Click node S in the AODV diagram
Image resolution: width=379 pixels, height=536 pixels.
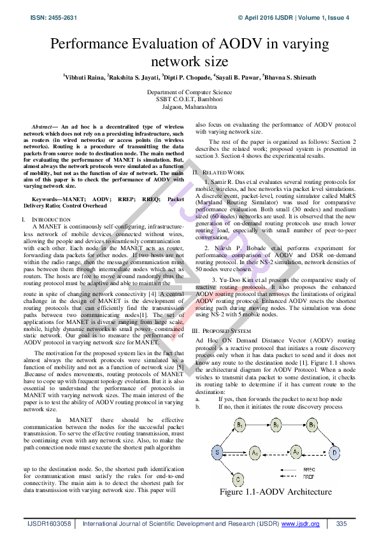click(218, 453)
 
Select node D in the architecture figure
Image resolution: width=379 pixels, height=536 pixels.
click(335, 453)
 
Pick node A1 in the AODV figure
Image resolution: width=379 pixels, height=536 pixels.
click(255, 453)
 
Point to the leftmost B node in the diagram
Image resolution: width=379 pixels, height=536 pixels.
click(240, 424)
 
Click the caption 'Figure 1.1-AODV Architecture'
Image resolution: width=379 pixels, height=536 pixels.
click(276, 491)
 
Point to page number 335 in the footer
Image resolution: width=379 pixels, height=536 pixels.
click(341, 523)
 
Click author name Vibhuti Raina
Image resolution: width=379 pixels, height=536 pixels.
click(83, 77)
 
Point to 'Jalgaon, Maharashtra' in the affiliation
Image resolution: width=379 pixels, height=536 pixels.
click(189, 107)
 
